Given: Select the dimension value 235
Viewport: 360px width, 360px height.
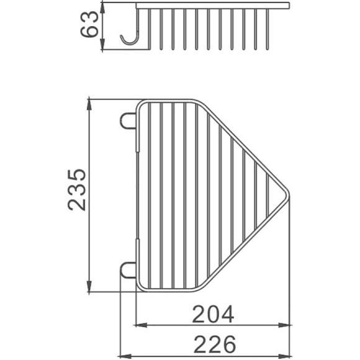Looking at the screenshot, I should [78, 189].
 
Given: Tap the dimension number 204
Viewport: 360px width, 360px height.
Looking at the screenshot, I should [212, 314].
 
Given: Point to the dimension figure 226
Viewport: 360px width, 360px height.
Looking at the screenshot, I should [212, 343].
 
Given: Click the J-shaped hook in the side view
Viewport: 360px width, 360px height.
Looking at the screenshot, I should [131, 38].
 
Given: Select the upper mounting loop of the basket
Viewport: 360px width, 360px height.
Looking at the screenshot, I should [128, 119].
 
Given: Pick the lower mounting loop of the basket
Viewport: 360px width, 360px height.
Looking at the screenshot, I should [128, 270].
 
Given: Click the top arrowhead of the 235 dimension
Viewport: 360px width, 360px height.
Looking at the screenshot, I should [91, 102].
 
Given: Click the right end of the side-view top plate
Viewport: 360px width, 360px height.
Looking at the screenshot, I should [289, 6].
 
